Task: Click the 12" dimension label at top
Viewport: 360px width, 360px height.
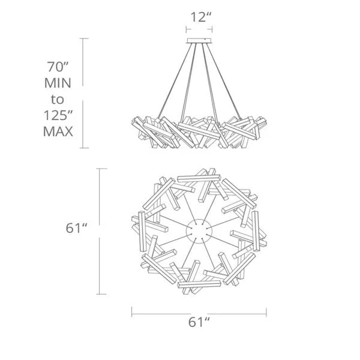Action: pos(200,17)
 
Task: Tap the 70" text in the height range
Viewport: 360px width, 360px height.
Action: pos(58,67)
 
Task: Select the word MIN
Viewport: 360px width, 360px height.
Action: pos(58,83)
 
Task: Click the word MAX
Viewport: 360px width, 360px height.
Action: pos(58,131)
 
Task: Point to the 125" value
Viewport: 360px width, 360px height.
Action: pos(58,115)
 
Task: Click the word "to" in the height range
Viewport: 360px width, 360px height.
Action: pos(57,100)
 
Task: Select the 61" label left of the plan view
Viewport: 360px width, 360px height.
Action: pos(76,228)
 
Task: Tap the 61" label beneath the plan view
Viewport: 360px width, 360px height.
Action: pos(199,322)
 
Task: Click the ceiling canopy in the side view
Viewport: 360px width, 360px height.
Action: pos(199,41)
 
